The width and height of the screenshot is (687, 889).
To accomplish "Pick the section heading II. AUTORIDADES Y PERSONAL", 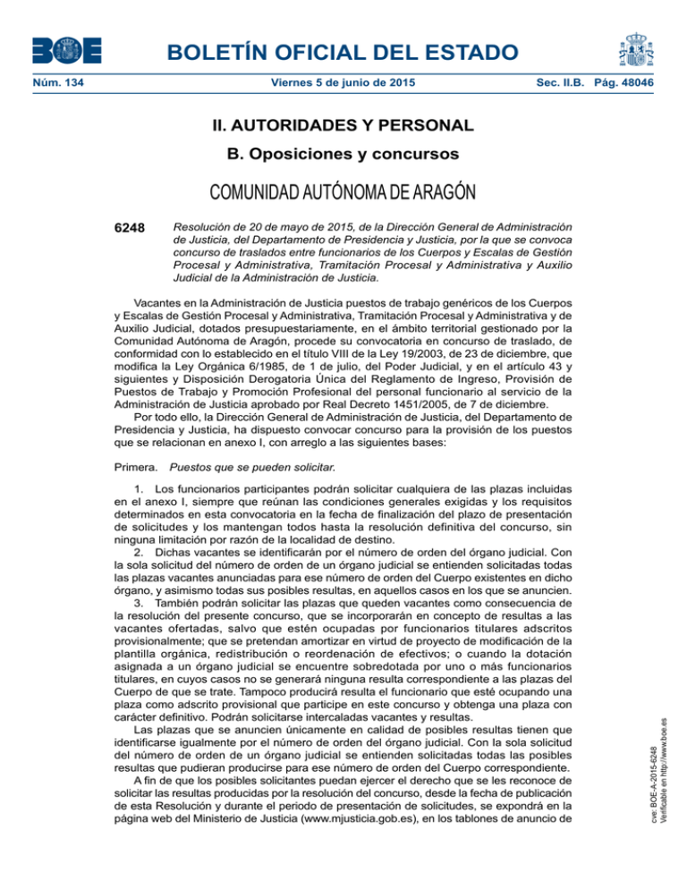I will tap(343, 125).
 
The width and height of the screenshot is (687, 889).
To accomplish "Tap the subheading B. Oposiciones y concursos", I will tap(343, 155).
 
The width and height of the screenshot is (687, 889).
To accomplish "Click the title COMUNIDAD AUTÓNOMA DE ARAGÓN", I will tap(343, 190).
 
